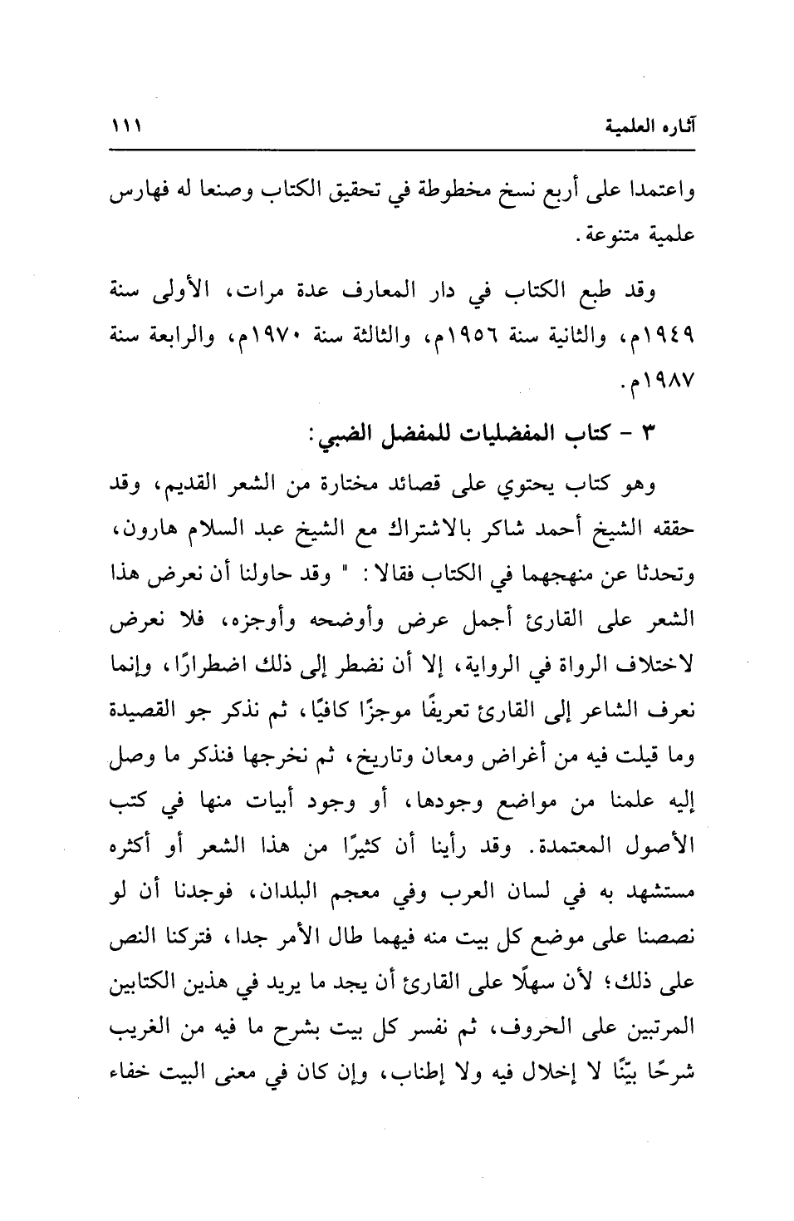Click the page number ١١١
(129, 130)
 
